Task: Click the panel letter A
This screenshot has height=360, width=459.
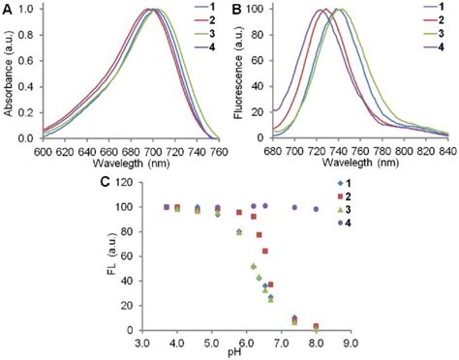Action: click(7, 9)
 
